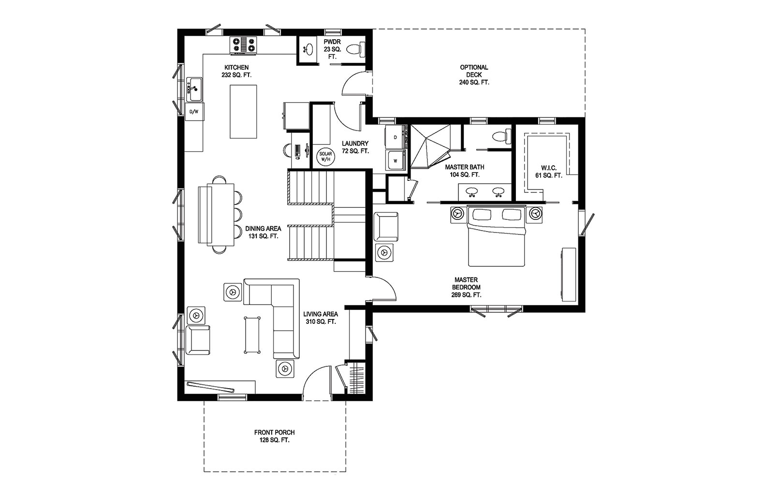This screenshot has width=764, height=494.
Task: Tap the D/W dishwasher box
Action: pos(194,112)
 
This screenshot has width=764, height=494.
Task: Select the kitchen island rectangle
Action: pos(243,112)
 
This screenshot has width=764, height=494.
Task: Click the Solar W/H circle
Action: pos(326,156)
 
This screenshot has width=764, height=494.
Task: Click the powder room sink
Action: pos(308,49)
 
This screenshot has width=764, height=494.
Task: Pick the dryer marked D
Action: pos(396,137)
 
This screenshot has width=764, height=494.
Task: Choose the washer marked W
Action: pos(396,160)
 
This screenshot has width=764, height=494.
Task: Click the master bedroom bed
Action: pos(496,236)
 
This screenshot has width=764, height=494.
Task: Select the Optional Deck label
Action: pos(474,74)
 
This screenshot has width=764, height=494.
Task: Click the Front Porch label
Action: pos(274,436)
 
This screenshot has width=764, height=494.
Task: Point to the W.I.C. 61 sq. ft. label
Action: pos(548,172)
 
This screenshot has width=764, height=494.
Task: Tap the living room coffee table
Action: pos(252,335)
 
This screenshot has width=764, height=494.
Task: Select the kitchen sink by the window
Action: pos(194,89)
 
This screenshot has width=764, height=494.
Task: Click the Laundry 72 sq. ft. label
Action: pos(355,147)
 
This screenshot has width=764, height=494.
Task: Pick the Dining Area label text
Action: pos(263,229)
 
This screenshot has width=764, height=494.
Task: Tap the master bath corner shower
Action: pos(430,146)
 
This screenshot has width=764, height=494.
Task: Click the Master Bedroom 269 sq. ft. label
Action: pos(466,288)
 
